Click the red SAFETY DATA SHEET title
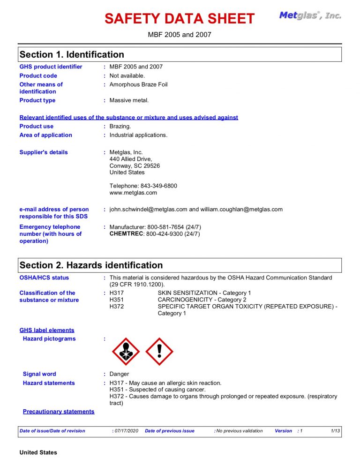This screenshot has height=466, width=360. pos(180,19)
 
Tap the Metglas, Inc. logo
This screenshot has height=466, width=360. pos(310,15)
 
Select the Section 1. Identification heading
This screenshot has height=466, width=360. pos(72,54)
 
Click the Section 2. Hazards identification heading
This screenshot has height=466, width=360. pos(91,265)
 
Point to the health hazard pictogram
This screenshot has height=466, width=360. pos(126,352)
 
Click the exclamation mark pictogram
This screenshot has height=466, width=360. pos(159,352)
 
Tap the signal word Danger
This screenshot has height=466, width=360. pos(119,374)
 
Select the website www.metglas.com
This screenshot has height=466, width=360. pos(133,193)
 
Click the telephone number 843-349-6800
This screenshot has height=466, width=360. pos(158,186)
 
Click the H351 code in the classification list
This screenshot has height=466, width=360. pos(117,300)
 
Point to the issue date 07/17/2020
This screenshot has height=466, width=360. pos(127,431)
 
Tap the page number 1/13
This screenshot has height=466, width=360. pos(335,431)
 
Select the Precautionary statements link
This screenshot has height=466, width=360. pos(59,412)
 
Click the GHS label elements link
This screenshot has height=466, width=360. pos(47,330)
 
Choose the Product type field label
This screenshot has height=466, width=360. pos(37,100)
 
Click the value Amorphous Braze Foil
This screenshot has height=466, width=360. pos(138,84)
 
